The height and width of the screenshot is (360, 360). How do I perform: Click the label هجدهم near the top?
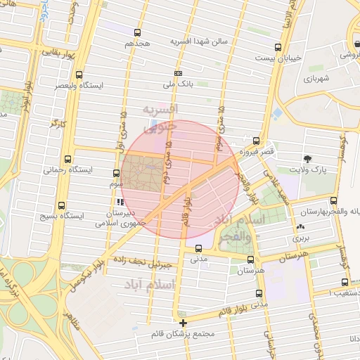click(x=138, y=44)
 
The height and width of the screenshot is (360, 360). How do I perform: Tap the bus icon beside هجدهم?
click(x=137, y=32)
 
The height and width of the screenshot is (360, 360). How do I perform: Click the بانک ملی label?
click(x=177, y=84)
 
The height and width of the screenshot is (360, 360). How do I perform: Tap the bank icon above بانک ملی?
click(x=178, y=73)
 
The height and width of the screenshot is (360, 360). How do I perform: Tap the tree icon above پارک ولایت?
click(x=307, y=158)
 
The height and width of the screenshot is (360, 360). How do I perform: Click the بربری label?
click(x=302, y=238)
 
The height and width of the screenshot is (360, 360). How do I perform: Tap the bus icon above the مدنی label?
click(x=198, y=247)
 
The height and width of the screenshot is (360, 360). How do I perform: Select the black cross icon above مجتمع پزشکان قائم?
click(x=184, y=323)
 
